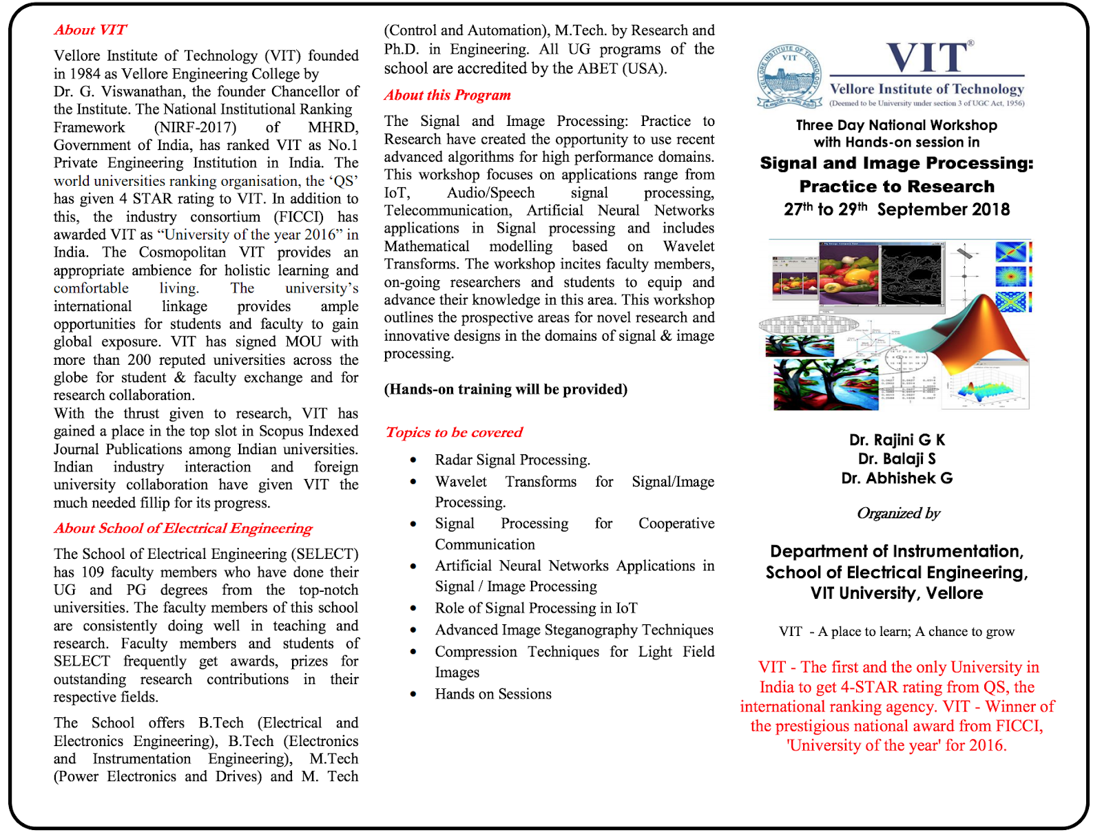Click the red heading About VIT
tap(90, 30)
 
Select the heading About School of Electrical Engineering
tap(183, 528)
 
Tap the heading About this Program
tap(447, 95)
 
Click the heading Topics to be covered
tap(454, 432)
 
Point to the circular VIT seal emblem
tap(789, 76)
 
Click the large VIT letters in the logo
tap(928, 57)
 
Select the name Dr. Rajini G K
tap(897, 440)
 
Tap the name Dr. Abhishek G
tap(897, 478)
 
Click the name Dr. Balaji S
tap(897, 459)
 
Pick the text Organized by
tap(898, 513)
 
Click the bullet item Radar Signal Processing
tap(512, 460)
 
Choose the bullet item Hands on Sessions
tap(493, 694)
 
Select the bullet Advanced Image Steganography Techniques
tap(574, 630)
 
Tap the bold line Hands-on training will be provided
tap(506, 390)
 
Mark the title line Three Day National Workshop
tap(897, 125)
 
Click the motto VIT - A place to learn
tap(897, 632)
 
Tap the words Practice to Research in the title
tap(897, 187)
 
